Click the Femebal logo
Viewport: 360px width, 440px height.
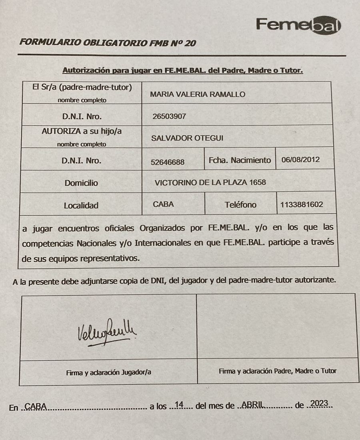point(298,25)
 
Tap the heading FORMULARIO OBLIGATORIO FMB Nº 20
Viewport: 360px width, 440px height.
point(108,43)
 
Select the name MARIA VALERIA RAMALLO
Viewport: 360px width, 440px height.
point(197,94)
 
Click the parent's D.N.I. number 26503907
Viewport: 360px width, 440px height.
point(169,117)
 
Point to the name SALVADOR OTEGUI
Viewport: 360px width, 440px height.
point(188,138)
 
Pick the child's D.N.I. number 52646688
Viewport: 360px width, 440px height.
point(168,162)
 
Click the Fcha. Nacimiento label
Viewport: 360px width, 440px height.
point(240,160)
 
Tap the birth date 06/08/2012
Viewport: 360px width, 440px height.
point(300,159)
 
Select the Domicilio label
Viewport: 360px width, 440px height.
point(81,183)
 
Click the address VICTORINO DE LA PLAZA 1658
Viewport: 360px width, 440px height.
point(210,183)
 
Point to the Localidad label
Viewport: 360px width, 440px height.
point(81,205)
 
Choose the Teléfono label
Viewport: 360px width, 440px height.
point(240,205)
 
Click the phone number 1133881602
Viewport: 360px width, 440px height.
point(302,205)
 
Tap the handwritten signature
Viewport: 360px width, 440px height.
point(106,332)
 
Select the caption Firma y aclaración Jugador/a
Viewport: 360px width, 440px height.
point(108,372)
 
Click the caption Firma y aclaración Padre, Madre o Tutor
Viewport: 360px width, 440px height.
point(278,371)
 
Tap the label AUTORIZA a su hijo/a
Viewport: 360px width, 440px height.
point(82,131)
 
